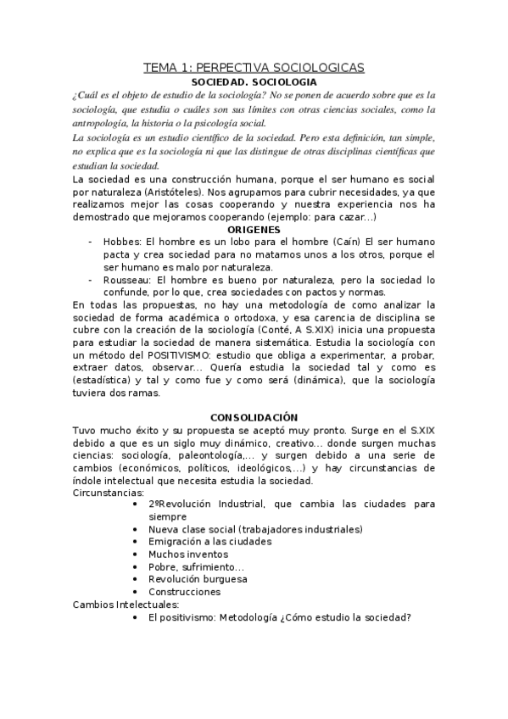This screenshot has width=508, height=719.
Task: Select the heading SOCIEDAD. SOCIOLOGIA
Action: (254, 82)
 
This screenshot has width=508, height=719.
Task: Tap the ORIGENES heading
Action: (254, 229)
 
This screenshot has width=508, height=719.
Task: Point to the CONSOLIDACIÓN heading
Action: (254, 417)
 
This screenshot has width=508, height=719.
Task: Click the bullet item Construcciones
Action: (184, 592)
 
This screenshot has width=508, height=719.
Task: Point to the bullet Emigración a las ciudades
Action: (209, 541)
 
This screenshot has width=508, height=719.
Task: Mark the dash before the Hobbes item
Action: (91, 242)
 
